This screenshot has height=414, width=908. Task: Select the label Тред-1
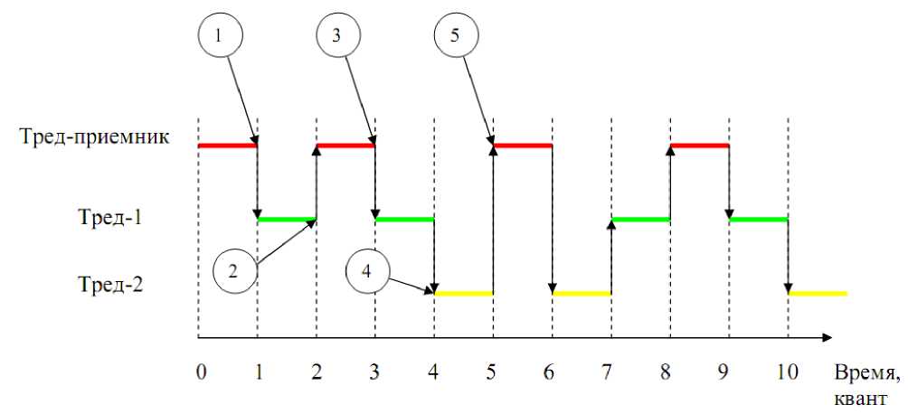114,218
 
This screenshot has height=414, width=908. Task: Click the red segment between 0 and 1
228,145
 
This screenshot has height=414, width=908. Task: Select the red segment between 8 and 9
699,145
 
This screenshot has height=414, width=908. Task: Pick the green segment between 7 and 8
640,219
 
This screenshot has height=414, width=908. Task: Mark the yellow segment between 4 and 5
463,293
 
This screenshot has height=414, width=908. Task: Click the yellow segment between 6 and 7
582,293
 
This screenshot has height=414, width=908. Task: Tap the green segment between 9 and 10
758,219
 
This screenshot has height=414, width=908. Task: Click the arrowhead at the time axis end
827,338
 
